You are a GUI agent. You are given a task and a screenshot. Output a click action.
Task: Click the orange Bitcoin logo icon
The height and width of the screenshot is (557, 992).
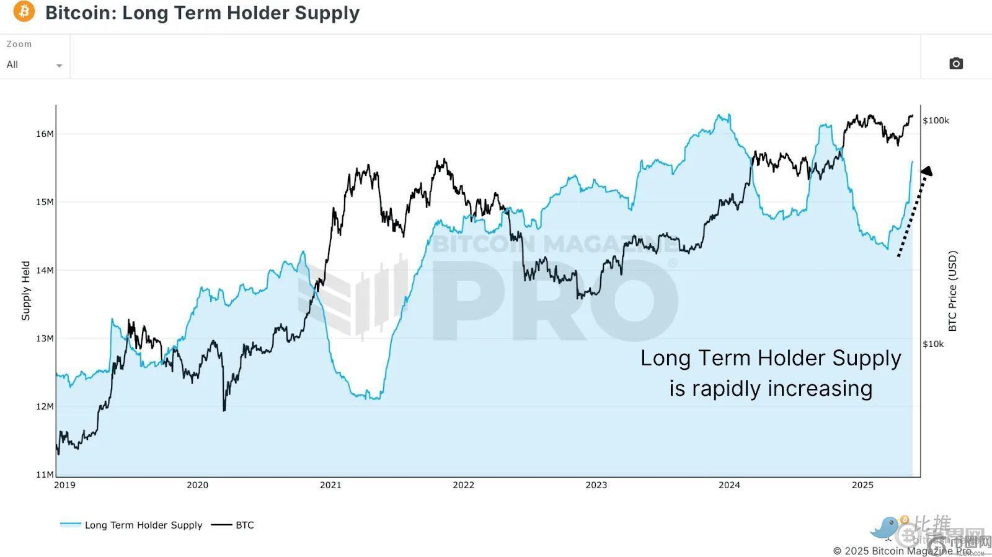tap(24, 11)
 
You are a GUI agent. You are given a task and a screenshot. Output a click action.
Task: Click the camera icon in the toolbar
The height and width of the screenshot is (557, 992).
tap(956, 63)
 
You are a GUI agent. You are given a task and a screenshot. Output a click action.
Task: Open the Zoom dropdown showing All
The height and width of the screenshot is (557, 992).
tap(34, 64)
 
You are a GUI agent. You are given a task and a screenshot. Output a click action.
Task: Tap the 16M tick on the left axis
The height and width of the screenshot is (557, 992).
tap(45, 134)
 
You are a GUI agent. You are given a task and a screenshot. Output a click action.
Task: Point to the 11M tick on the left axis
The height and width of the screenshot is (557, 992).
tap(45, 475)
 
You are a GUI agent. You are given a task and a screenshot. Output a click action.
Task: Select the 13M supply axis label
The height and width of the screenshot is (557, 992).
tap(45, 338)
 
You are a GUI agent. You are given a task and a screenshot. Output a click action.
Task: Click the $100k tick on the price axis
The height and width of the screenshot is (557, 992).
tap(936, 120)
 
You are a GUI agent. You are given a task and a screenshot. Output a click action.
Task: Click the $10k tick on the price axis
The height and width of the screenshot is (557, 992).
tap(933, 344)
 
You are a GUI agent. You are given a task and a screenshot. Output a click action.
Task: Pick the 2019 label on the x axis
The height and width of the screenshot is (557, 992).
tap(64, 485)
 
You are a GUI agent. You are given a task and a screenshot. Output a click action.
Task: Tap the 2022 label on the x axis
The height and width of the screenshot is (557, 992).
tap(463, 485)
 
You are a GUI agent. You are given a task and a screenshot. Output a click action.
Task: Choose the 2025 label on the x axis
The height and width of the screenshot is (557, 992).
tap(862, 485)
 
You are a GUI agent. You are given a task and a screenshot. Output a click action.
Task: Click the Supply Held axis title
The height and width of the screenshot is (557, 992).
tap(26, 291)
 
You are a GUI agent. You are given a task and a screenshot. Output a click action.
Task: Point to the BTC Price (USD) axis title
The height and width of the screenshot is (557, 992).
tap(953, 291)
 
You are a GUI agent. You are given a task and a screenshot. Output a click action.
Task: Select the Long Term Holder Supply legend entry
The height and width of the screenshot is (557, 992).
tap(143, 525)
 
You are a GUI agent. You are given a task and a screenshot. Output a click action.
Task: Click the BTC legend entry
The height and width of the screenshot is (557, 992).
tap(244, 525)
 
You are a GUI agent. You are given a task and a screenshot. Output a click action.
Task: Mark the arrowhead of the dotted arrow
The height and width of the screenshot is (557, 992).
tap(926, 171)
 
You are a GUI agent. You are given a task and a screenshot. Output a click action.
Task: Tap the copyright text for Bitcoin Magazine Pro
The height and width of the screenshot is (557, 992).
tap(902, 551)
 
